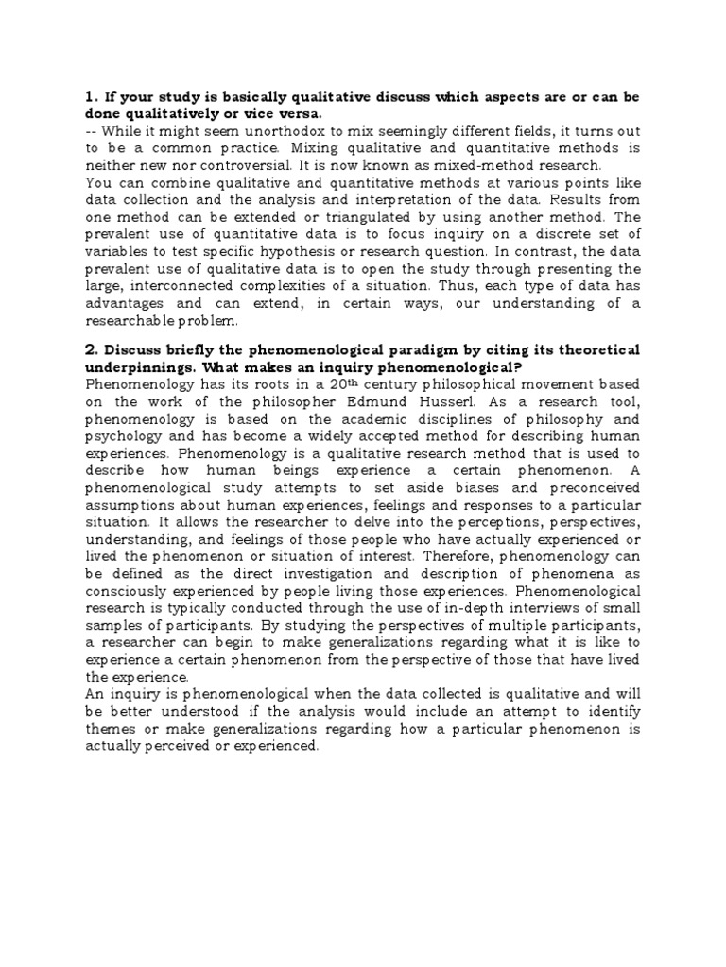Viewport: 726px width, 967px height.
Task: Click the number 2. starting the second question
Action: pos(92,351)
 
